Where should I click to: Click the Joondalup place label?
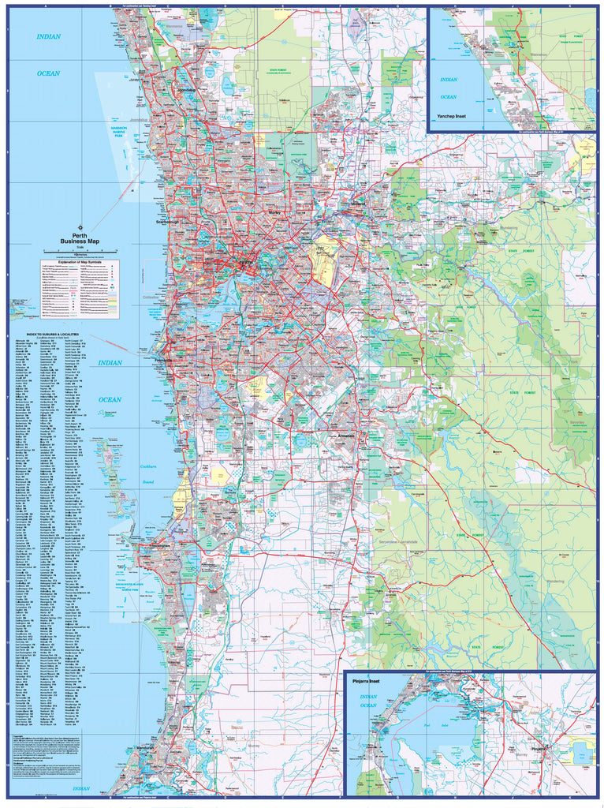click(188, 91)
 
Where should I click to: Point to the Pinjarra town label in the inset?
click(539, 746)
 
